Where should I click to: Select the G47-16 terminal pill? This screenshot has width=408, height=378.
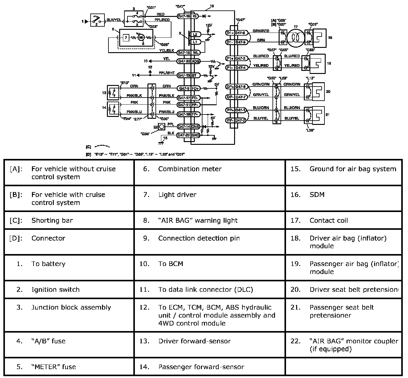184,16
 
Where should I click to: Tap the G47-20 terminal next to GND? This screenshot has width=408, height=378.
184,135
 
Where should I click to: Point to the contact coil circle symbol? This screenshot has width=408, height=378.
296,37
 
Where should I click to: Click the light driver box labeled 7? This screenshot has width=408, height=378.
126,38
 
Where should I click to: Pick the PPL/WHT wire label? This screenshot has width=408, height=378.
167,73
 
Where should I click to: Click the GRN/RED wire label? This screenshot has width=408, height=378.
261,31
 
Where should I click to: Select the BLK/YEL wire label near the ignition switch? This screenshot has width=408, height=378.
114,20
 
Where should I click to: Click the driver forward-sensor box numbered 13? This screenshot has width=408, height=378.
112,92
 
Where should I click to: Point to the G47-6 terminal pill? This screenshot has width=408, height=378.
240,33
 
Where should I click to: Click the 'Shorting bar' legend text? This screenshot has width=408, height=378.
52,220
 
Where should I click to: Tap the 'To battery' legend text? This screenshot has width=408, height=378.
48,264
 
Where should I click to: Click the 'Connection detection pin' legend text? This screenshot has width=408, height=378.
199,238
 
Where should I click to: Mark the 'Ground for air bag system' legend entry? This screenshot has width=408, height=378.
353,169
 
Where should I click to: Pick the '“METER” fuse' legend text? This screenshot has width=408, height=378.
53,367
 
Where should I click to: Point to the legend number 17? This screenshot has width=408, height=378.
295,220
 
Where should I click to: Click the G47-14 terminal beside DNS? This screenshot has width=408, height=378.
184,126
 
